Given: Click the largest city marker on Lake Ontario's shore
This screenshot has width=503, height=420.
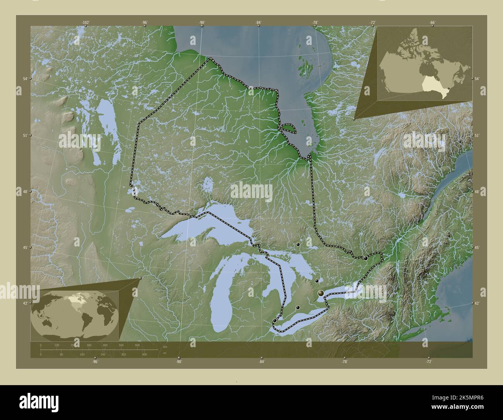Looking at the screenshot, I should click(321, 294).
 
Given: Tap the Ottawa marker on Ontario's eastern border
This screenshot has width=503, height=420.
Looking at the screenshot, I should click(365, 258).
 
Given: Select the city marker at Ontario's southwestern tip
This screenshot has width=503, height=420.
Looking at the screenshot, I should click(274, 320).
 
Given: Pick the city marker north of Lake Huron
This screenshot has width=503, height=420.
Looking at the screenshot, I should click(298, 244).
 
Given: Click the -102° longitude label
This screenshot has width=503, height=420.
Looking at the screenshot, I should click(86, 22).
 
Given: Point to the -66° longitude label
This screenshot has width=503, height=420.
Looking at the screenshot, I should click(432, 22).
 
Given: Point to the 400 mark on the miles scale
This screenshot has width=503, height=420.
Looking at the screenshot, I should click(144, 355).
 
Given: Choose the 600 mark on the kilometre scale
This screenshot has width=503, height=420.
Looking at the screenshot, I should click(137, 345).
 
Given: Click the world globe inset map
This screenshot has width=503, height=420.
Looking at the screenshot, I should click(75, 315).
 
